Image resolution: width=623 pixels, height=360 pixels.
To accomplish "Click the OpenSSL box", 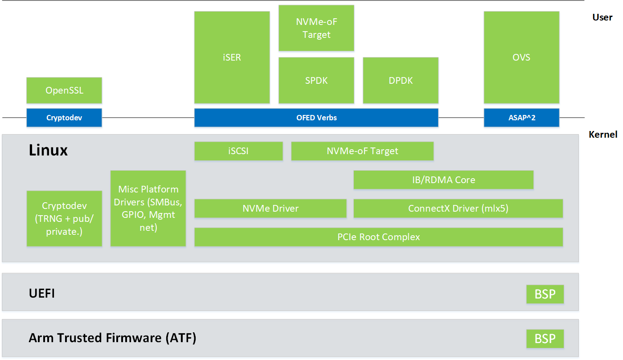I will pyautogui.click(x=64, y=90).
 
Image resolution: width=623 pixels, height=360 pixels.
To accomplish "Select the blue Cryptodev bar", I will pyautogui.click(x=64, y=118).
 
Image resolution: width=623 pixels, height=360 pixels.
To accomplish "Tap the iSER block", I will pyautogui.click(x=232, y=57).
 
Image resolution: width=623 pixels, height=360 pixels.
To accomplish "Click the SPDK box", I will pyautogui.click(x=316, y=81).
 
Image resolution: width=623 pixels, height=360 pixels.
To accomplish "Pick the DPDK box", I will pyautogui.click(x=400, y=81).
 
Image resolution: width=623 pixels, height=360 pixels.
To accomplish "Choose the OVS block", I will pyautogui.click(x=521, y=57).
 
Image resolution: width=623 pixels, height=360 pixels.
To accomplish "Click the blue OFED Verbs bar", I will pyautogui.click(x=316, y=118).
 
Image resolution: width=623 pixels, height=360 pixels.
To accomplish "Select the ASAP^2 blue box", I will pyautogui.click(x=521, y=118).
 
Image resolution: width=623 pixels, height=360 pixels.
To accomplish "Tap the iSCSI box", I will pyautogui.click(x=238, y=151).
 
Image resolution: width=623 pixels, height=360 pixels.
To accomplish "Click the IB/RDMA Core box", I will pyautogui.click(x=443, y=180).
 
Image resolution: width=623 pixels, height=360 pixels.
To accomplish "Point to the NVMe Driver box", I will pyautogui.click(x=270, y=209).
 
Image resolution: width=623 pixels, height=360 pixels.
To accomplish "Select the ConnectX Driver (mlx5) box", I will pyautogui.click(x=458, y=209).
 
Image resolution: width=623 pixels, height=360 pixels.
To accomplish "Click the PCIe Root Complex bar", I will pyautogui.click(x=378, y=237).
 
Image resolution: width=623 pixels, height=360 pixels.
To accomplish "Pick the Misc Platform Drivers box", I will pyautogui.click(x=148, y=209).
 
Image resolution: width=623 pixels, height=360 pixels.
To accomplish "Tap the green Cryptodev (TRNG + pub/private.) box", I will pyautogui.click(x=64, y=219).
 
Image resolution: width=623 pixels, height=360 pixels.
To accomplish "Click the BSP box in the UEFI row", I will pyautogui.click(x=545, y=295).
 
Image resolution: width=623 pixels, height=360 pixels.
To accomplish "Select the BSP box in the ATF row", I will pyautogui.click(x=545, y=339).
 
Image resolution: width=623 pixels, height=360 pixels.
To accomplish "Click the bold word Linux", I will pyautogui.click(x=48, y=151).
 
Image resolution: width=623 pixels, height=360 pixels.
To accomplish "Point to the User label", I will pyautogui.click(x=602, y=17).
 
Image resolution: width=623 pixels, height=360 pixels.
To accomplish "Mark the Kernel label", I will pyautogui.click(x=603, y=135).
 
